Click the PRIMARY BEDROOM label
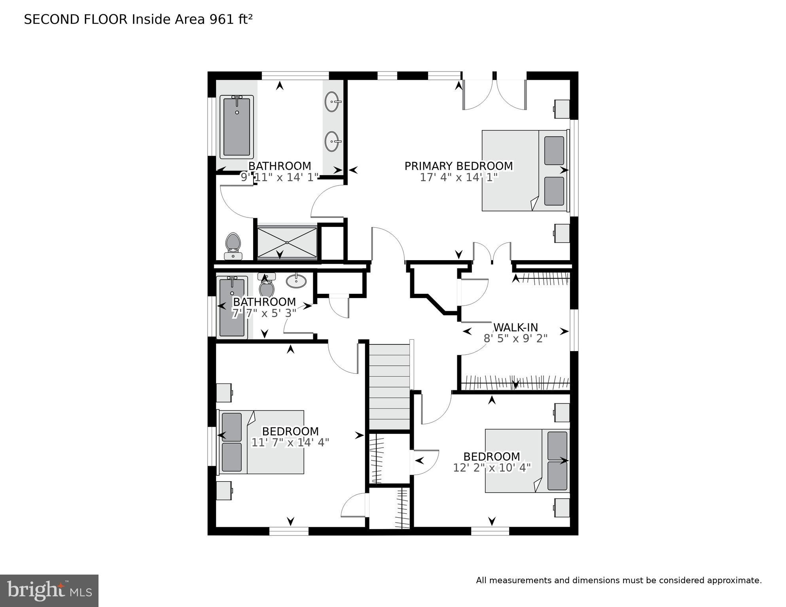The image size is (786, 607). coord(458,166)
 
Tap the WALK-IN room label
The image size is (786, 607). coord(515,327)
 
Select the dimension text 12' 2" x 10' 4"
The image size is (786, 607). coord(492,468)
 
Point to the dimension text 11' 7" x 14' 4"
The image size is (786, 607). coord(290,442)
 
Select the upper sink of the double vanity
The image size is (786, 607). coord(333,102)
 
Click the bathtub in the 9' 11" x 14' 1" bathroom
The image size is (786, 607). coord(237,127)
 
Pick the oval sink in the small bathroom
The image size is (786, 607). coord(296,281)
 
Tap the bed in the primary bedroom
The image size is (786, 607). coord(525,170)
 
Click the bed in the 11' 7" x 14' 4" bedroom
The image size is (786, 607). coord(261,442)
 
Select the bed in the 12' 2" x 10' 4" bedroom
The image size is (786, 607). coord(527,461)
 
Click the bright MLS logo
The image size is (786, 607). coord(49,591)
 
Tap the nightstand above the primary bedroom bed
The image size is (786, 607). coord(562,109)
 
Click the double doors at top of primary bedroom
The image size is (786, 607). coord(494,95)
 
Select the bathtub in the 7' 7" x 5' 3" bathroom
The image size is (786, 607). coord(232,307)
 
